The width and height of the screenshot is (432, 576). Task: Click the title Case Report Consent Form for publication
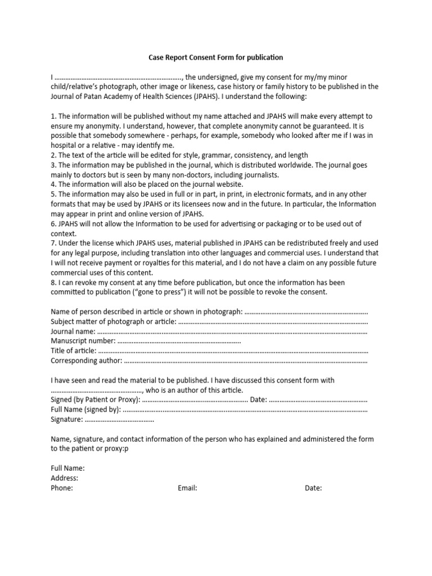coord(215,57)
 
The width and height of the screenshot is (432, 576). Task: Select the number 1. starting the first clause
coord(53,116)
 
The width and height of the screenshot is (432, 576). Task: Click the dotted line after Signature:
coord(119,420)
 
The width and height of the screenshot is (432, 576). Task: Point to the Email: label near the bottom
coord(187,488)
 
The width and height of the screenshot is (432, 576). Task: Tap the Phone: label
coord(62,488)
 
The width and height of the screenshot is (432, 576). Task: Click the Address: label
coord(65,478)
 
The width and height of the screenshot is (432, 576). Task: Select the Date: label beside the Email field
coord(313,488)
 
